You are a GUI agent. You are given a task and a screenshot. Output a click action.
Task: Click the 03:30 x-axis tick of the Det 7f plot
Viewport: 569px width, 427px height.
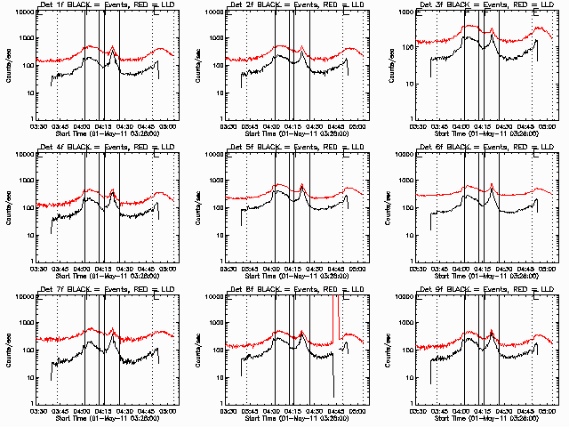click(37, 411)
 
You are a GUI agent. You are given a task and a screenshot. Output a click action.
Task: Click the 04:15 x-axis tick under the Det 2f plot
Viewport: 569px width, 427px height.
click(293, 126)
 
